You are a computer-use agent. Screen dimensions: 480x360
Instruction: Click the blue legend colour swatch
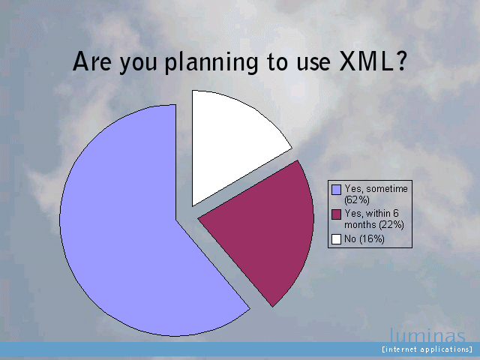coord(337,190)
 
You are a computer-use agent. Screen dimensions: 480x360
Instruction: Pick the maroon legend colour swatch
coord(337,214)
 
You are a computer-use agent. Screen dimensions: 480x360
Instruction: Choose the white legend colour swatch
coord(337,239)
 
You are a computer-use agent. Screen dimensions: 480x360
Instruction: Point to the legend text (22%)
coord(391,225)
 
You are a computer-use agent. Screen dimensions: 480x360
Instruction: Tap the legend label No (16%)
coord(364,238)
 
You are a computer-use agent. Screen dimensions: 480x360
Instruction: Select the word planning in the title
coord(211,63)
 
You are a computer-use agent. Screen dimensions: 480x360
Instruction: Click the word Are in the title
coord(92,61)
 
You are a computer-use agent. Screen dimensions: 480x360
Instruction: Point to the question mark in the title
coord(401,61)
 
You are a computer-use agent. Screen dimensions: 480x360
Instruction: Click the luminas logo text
coord(427,335)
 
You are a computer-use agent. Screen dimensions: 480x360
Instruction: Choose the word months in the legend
coord(360,225)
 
